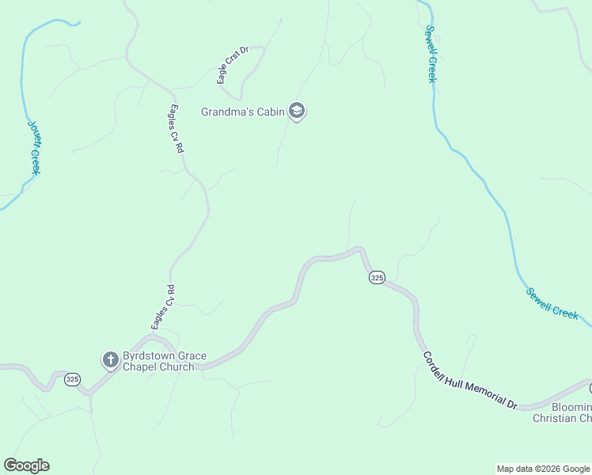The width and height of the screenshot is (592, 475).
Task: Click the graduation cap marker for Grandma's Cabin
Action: click(x=297, y=112)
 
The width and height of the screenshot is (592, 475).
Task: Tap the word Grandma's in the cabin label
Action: click(x=226, y=112)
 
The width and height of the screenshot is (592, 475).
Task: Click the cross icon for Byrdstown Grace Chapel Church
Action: click(x=111, y=361)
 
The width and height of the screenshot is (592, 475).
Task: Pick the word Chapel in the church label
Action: click(x=142, y=367)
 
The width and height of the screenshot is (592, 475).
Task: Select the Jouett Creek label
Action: click(x=34, y=147)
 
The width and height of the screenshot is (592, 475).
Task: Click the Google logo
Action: click(x=26, y=465)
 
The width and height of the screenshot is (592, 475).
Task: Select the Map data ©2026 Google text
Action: click(x=543, y=469)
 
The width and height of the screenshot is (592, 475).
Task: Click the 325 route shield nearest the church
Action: click(x=73, y=379)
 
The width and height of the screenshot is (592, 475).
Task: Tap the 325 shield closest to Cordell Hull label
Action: click(x=377, y=278)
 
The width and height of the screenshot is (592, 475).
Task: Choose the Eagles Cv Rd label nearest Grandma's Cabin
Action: click(x=177, y=128)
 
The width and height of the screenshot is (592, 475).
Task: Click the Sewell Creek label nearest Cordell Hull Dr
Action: click(x=552, y=302)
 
